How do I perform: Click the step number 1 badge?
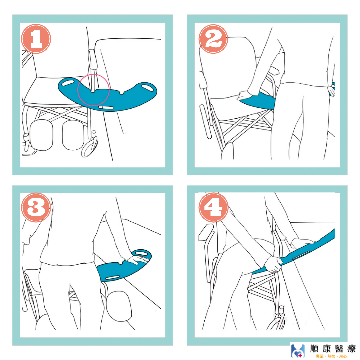pos(36,39)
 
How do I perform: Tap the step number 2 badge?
pos(213,39)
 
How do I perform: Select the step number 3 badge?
pos(36,207)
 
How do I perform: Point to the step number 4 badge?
pos(213,207)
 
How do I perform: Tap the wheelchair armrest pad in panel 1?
pos(93,59)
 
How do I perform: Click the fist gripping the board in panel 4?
pos(273,264)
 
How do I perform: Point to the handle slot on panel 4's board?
pos(301,255)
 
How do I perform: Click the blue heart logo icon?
pos(298,351)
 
